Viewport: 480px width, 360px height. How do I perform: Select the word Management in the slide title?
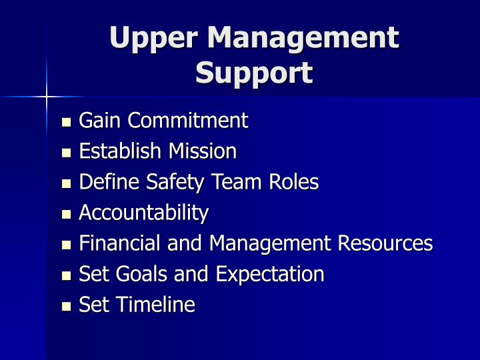303,37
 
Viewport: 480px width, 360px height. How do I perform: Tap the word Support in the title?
254,73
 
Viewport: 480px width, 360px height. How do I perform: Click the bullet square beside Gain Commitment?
65,123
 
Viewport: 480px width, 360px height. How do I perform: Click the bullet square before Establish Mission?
65,153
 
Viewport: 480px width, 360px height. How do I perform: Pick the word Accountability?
143,213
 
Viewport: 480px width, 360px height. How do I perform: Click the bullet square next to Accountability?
65,215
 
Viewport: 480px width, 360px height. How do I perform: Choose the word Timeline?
155,305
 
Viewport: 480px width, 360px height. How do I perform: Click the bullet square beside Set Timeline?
65,307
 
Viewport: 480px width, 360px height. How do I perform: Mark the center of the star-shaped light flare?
47,97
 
